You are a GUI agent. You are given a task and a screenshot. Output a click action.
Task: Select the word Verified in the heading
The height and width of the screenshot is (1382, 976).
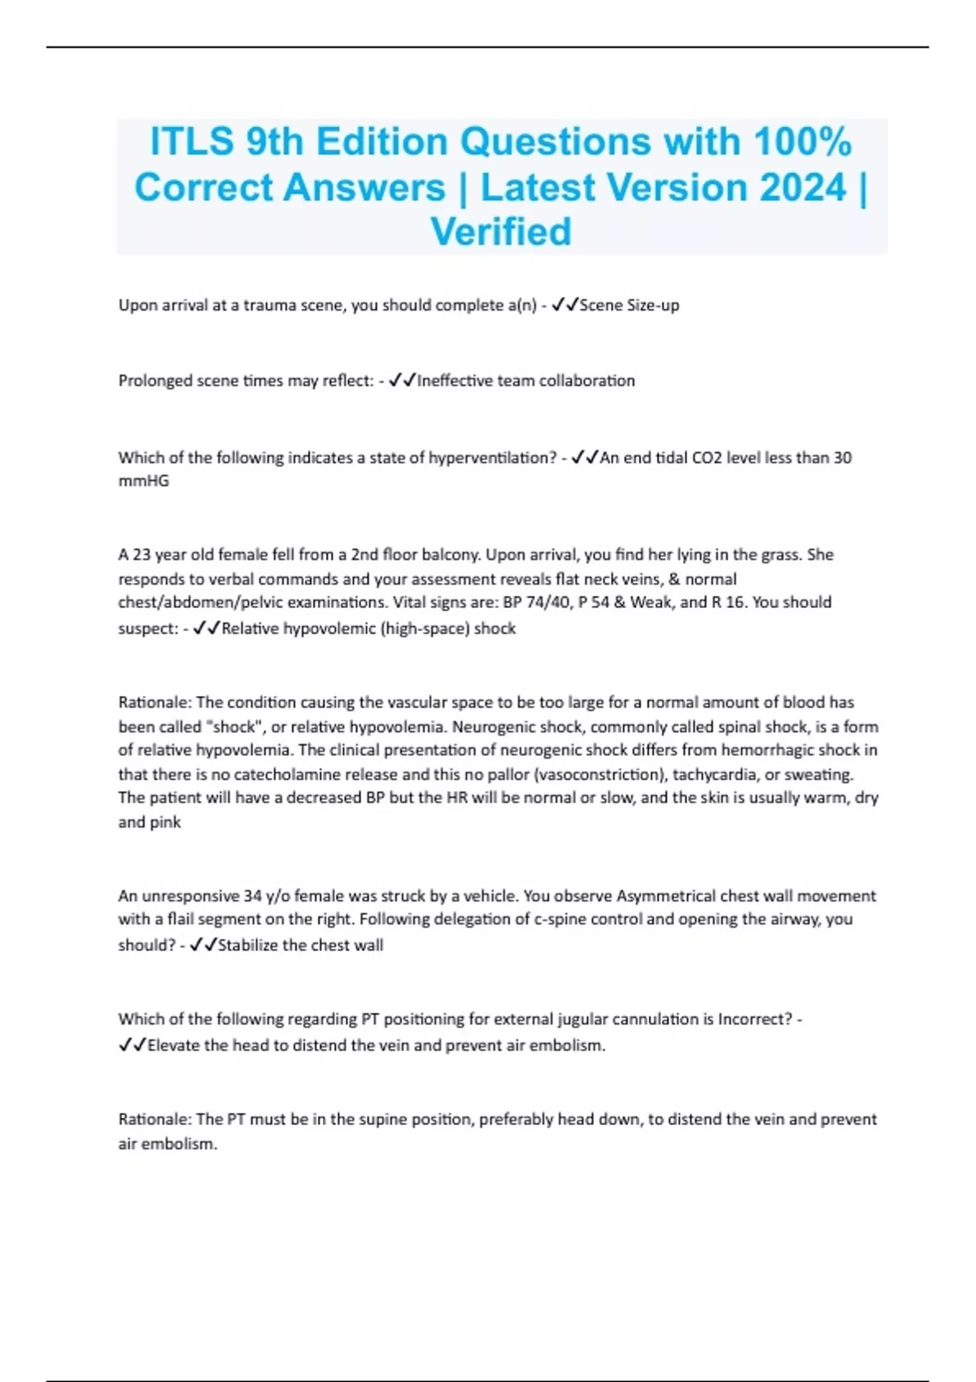[501, 232]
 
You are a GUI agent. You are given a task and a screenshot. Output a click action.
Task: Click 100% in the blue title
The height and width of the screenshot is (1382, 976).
[802, 141]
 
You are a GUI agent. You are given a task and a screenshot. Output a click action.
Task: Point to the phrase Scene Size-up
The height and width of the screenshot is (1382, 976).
[629, 306]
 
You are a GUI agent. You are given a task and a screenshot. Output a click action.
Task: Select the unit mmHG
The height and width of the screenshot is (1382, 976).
[144, 481]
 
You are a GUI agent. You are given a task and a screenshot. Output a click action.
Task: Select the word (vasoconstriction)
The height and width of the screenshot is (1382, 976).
[598, 774]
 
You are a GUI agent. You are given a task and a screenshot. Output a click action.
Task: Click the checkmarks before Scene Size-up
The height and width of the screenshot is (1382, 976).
[564, 306]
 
